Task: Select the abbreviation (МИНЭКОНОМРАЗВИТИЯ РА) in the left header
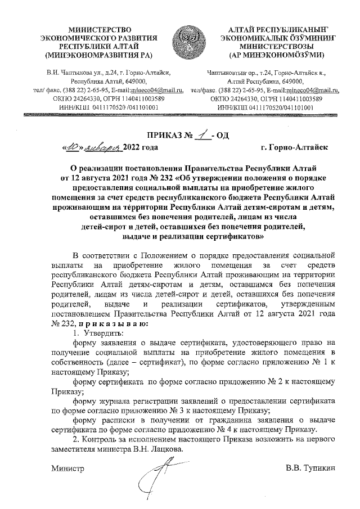[98, 56]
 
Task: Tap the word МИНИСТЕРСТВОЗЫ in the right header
[274, 47]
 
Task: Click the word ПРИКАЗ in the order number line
[166, 136]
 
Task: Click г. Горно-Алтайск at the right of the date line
[294, 147]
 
